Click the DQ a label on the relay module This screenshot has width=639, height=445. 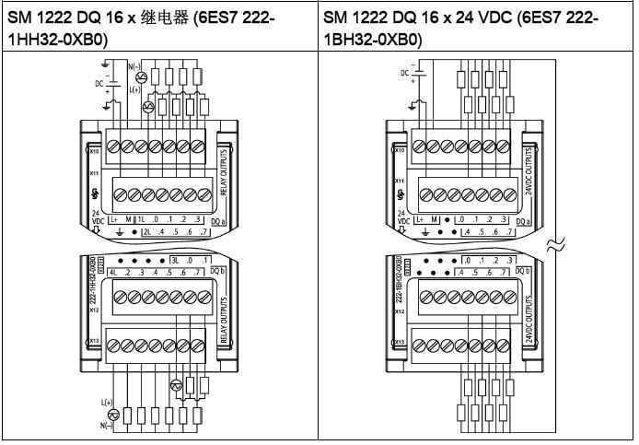click(217, 221)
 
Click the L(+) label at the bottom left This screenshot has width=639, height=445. click(107, 403)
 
